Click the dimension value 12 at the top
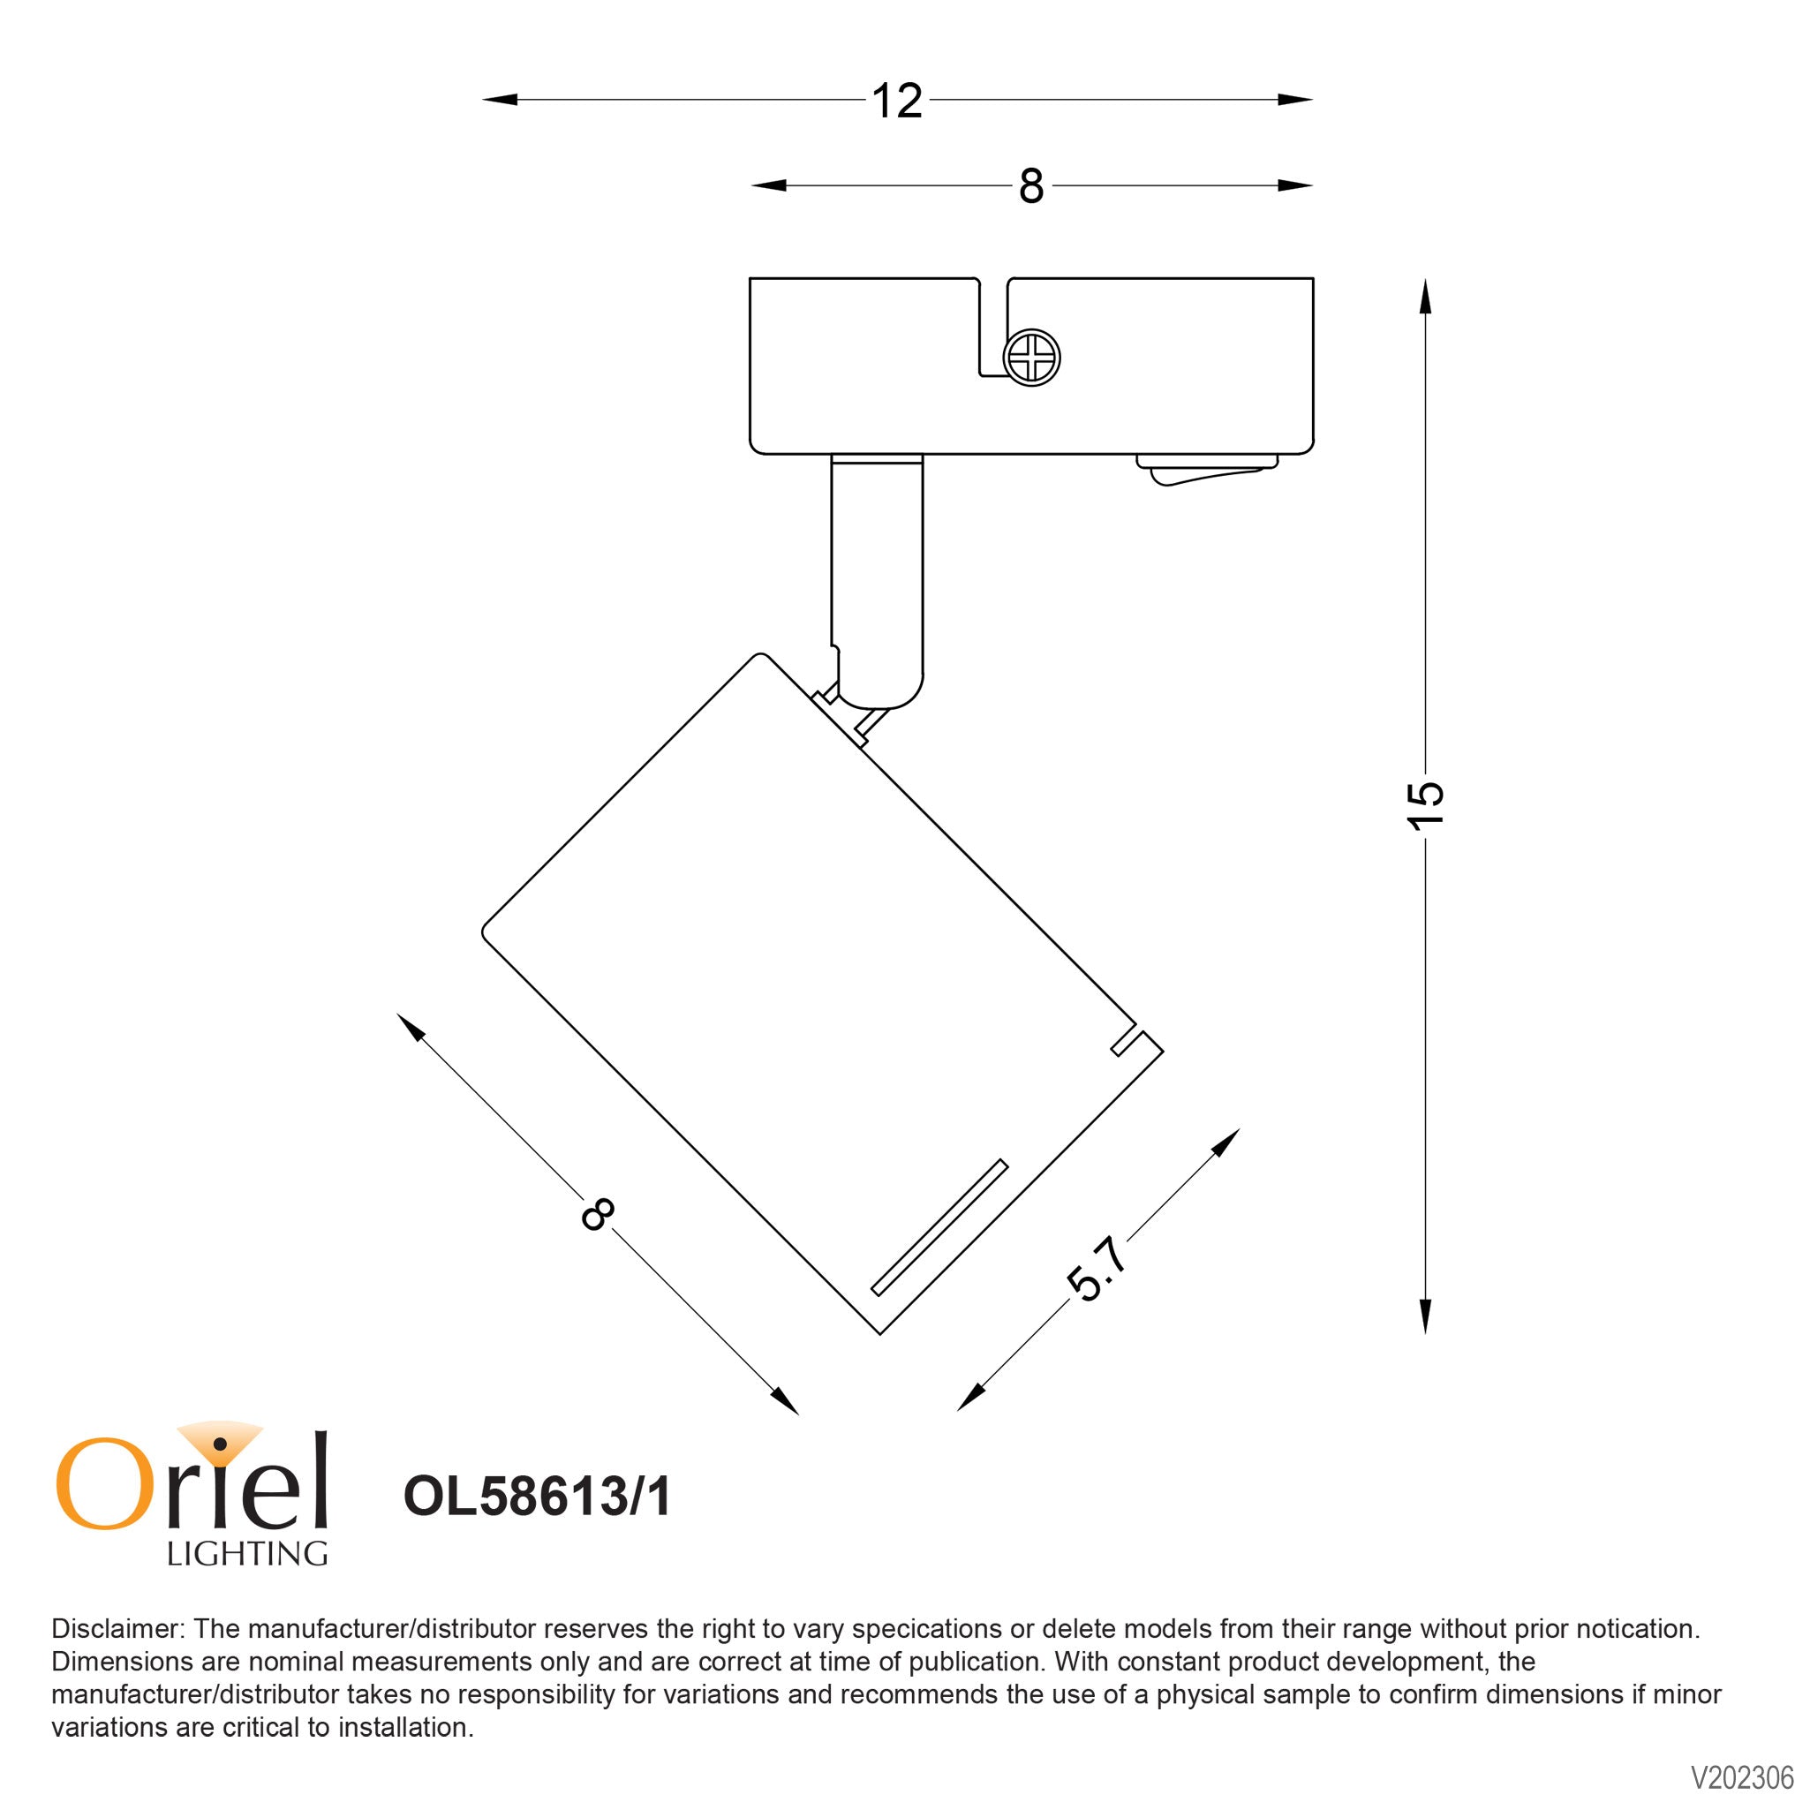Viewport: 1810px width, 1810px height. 896,102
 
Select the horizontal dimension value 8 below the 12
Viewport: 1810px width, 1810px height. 1030,187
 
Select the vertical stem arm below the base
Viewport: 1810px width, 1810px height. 877,571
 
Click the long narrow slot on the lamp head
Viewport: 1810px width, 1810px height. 939,1228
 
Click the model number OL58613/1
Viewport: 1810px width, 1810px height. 537,1497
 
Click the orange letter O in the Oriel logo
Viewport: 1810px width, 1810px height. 103,1487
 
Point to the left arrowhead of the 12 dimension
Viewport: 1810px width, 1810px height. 497,99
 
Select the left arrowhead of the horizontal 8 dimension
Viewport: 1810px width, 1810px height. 767,185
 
